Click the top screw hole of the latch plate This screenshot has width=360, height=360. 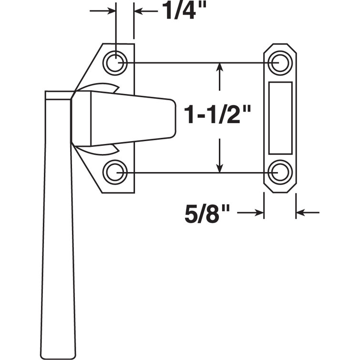115,62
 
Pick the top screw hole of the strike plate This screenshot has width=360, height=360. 280,62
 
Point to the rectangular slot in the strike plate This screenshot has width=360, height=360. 280,117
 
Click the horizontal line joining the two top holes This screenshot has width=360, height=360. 195,62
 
